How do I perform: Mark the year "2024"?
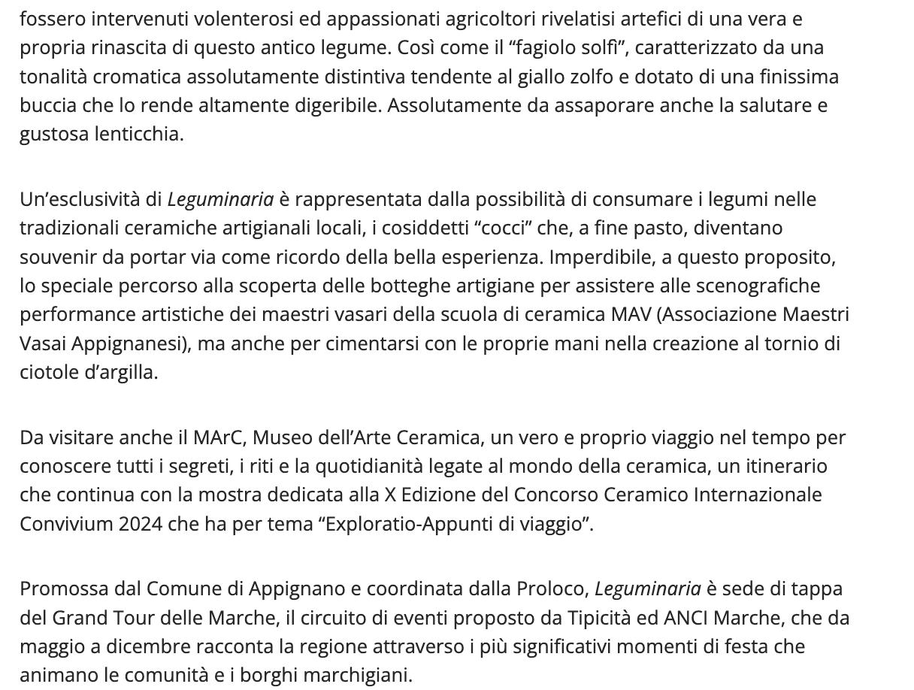[x=140, y=524]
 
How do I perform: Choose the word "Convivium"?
[x=66, y=524]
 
